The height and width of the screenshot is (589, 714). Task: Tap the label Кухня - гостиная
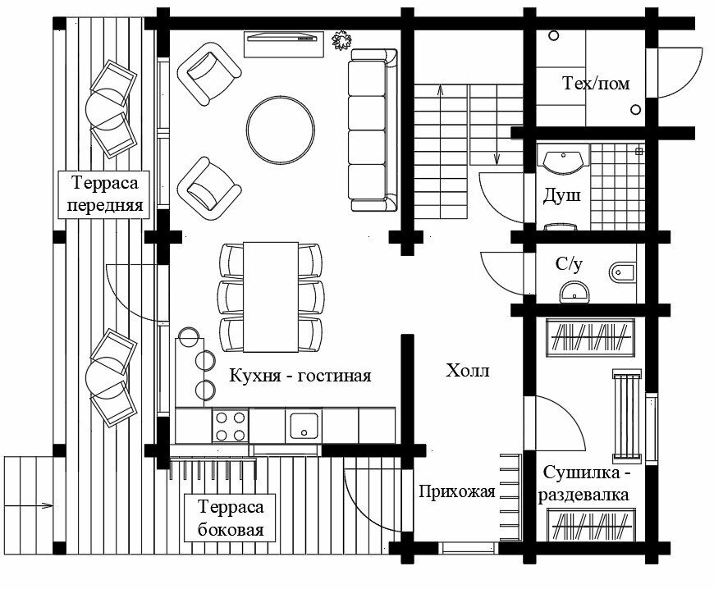point(300,376)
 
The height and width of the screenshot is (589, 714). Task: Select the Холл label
point(467,371)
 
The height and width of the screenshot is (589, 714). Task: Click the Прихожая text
point(456,491)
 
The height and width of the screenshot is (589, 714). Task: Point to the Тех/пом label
point(593,84)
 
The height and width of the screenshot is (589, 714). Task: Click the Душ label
point(563,197)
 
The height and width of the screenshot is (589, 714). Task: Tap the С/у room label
point(569,264)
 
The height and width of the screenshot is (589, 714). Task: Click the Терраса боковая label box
point(231,518)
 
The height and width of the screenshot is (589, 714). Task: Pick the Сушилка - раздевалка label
point(585,484)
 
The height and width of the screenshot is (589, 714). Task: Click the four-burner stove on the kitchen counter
point(231,426)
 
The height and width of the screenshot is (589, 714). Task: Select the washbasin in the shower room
point(564,160)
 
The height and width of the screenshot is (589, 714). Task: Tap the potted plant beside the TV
point(340,39)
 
